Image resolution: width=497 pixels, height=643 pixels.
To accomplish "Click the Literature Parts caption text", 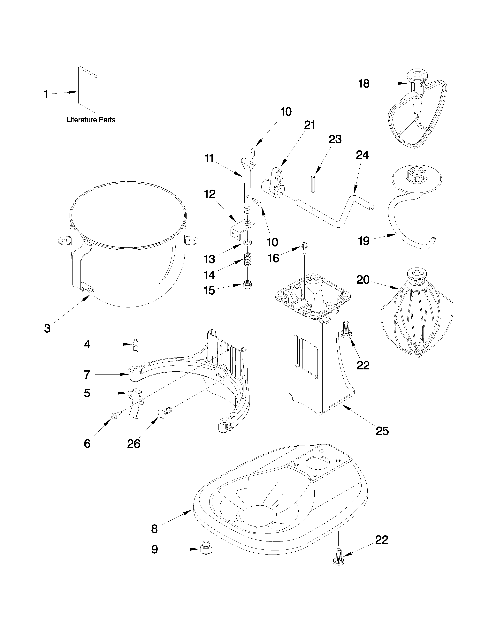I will pyautogui.click(x=91, y=120).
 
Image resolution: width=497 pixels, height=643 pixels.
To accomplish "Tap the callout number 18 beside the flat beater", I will pyautogui.click(x=364, y=84).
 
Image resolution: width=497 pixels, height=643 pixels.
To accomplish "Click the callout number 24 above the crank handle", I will pyautogui.click(x=362, y=155).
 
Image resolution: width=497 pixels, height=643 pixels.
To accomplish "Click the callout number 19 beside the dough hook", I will pyautogui.click(x=364, y=241).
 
